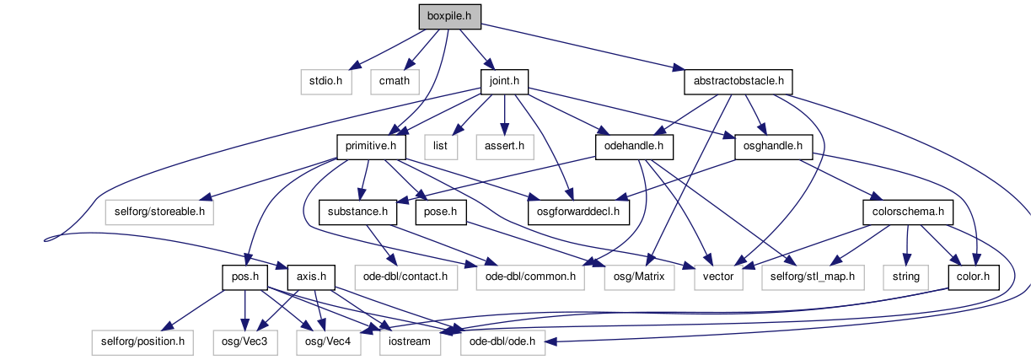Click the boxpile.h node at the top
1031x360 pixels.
pos(449,17)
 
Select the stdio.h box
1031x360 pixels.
pos(326,82)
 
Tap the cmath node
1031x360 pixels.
pos(395,82)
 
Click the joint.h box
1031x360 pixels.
pos(504,82)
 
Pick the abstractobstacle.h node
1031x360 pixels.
pos(738,82)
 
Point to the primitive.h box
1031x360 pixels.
pos(371,147)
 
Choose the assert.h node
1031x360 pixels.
pos(505,147)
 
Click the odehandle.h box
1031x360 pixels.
pos(634,147)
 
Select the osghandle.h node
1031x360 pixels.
pos(774,147)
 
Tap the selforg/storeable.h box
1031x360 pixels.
pos(159,212)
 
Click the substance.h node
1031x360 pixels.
pos(357,212)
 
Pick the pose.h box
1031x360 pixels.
pos(441,212)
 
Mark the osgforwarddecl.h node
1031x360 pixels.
pos(578,212)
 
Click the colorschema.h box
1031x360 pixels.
pos(908,212)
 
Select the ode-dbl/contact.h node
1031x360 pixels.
pos(406,277)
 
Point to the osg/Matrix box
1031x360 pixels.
pos(639,277)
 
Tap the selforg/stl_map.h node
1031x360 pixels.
pos(813,277)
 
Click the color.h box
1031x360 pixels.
pos(974,277)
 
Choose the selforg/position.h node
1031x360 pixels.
pos(142,342)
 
